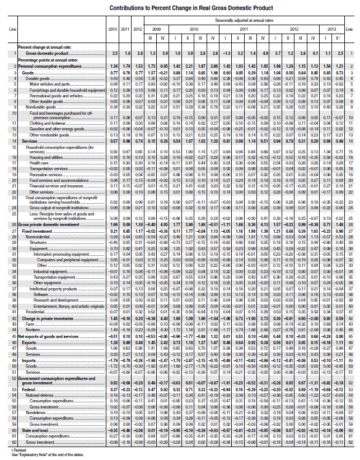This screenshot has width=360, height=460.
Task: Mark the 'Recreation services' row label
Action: point(45,174)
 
